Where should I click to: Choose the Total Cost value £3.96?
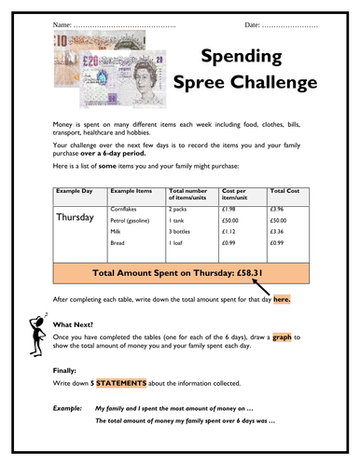click(280, 211)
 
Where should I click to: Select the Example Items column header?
click(131, 189)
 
